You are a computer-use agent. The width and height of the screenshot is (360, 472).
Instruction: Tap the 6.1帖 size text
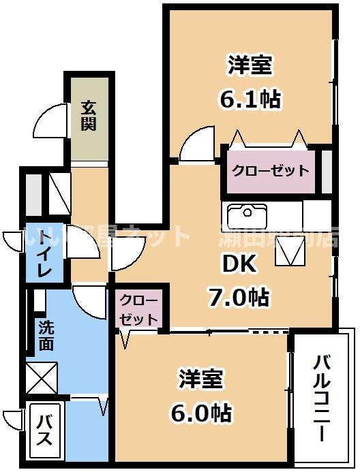[250, 99]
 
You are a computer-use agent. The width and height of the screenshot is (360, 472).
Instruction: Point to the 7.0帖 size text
[238, 297]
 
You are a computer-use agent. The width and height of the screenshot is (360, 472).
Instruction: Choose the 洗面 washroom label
[46, 335]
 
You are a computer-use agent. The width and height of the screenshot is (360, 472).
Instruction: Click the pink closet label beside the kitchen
[270, 170]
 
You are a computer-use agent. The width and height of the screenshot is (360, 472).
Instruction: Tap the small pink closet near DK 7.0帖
[139, 309]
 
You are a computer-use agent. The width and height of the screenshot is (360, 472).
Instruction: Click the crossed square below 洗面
[42, 379]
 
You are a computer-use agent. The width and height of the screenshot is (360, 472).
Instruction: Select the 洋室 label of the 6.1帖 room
[250, 65]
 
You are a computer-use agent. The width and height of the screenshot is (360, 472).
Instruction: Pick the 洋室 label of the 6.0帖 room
[202, 379]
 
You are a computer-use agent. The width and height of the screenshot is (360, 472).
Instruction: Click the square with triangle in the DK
[289, 254]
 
